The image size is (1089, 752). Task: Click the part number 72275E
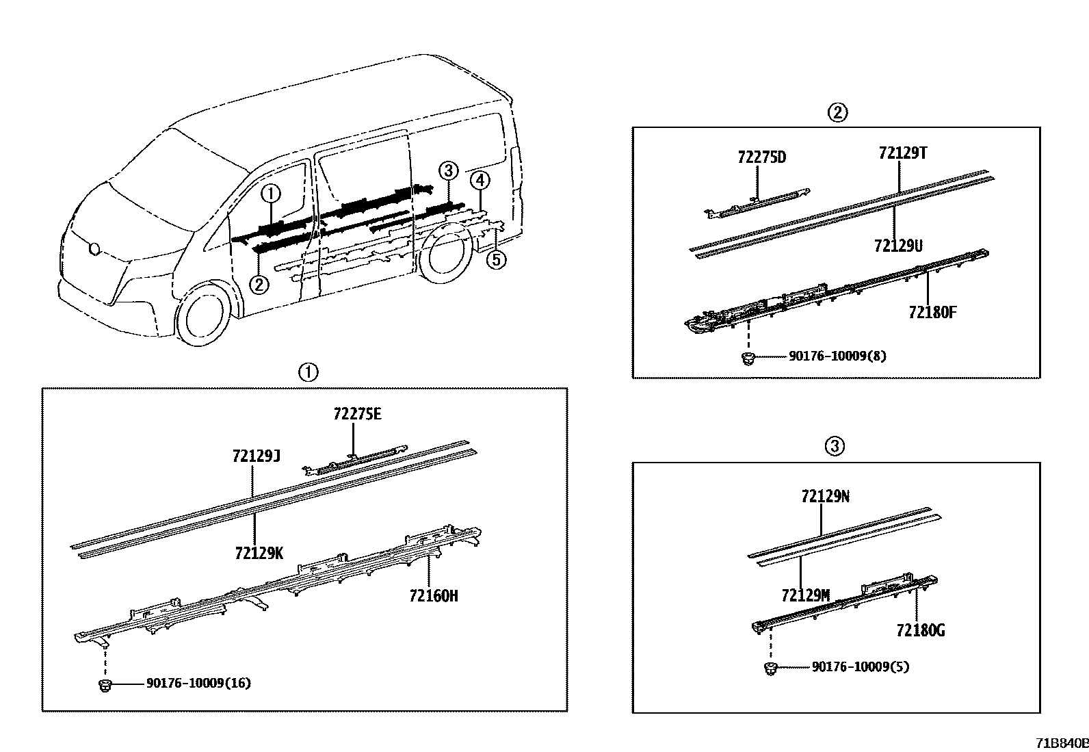point(357,414)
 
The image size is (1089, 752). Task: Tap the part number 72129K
point(258,553)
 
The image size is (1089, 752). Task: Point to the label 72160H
point(433,596)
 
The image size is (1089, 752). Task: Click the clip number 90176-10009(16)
point(198,683)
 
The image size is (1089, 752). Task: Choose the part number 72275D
point(761,157)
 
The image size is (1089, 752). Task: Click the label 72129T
point(903,153)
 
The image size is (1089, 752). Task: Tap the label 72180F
point(932,312)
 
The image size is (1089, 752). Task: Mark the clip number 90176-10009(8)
point(837,356)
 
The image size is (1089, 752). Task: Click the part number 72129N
point(825,497)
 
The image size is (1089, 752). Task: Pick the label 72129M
point(805,595)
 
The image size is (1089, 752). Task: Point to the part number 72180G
point(920,630)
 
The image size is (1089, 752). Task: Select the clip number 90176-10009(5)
point(860,666)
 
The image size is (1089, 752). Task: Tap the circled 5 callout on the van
point(497,260)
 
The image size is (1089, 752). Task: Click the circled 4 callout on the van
point(480,181)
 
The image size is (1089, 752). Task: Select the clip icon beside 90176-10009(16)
point(105,684)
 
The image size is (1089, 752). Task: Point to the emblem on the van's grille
point(94,249)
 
